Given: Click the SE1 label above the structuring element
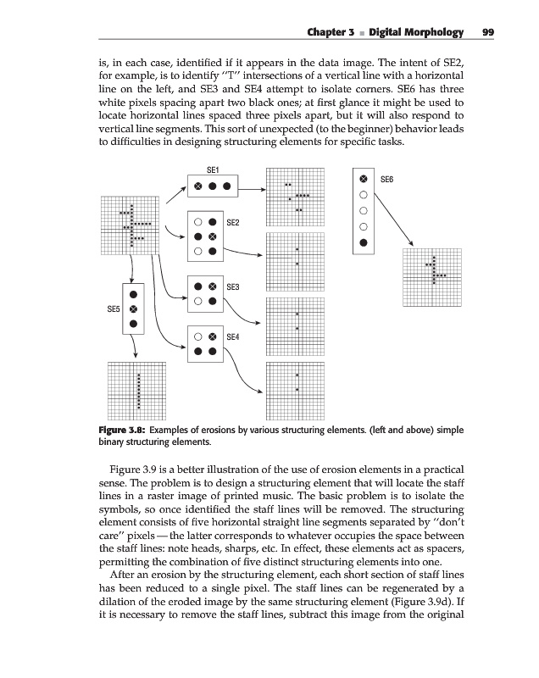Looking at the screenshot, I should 214,170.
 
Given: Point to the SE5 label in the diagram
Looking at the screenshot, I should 112,310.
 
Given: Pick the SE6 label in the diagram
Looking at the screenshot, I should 387,181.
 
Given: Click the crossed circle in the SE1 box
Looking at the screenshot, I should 197,186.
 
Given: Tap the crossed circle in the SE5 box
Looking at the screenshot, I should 133,309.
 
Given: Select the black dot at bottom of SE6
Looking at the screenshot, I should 364,243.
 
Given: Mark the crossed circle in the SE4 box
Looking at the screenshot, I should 214,336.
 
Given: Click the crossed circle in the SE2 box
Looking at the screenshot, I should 214,236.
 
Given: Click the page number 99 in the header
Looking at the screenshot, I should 487,32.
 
